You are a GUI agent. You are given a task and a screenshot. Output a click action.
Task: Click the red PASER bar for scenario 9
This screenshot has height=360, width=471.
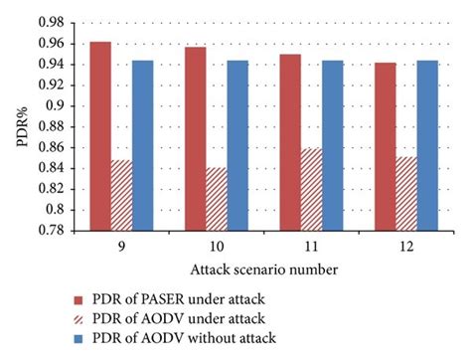tap(100, 135)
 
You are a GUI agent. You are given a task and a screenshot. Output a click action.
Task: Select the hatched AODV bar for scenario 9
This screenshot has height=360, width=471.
tap(121, 195)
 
